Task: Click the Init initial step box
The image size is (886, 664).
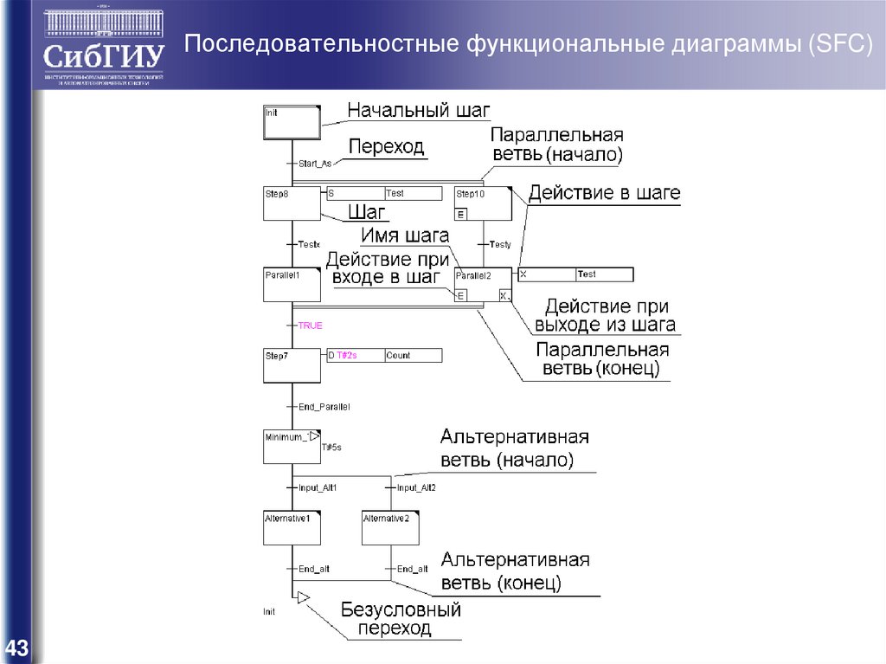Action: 292,122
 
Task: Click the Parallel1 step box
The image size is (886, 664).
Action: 292,285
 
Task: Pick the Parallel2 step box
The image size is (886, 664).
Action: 482,285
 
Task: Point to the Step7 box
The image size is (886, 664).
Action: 292,365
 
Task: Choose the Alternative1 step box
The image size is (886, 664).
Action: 292,527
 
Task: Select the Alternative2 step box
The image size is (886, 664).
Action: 390,527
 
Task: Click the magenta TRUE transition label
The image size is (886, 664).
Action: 310,326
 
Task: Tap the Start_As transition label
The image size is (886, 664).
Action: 314,164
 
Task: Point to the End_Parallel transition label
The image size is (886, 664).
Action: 324,406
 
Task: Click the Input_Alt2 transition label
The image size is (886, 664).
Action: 416,487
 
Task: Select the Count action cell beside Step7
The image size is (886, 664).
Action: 413,355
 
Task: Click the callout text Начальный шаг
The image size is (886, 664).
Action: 419,111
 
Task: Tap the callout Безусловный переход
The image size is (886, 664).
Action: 400,619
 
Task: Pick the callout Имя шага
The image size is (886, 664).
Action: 405,235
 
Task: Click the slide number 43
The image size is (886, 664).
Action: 16,648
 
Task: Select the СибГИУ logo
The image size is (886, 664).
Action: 103,47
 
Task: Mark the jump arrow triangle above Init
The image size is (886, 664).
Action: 302,596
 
